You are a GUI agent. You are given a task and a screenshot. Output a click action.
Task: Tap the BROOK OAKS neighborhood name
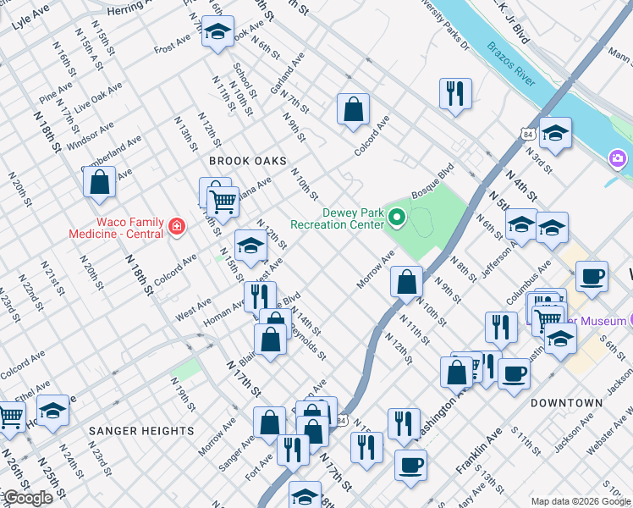click(248, 161)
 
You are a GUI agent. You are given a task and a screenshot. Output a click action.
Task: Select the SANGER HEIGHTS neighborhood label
click(141, 431)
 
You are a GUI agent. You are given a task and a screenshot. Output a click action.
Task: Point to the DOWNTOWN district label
click(566, 403)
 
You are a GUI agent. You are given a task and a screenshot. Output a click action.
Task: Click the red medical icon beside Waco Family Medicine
click(176, 226)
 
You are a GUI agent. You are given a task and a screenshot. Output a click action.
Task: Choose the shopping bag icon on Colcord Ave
click(353, 109)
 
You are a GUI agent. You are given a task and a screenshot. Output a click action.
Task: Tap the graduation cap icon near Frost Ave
click(217, 34)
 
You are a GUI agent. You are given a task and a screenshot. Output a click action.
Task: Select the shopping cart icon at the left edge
click(10, 415)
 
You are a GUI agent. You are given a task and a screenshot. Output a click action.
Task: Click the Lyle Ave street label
click(30, 17)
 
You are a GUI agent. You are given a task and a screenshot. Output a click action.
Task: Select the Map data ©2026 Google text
click(579, 501)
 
